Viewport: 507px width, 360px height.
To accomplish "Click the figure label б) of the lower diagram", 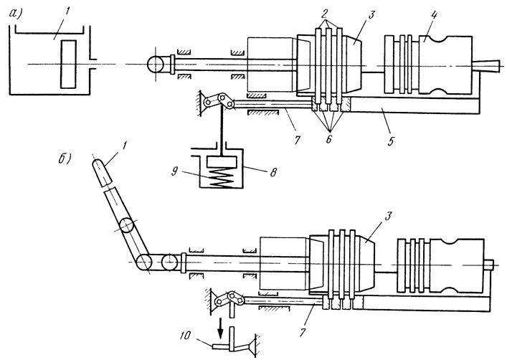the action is (x=64, y=158).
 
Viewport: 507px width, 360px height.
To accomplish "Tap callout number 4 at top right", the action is (x=434, y=15).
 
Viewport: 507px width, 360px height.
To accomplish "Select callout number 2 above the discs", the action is (x=325, y=13).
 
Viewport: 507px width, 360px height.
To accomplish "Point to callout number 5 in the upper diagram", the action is (x=391, y=141).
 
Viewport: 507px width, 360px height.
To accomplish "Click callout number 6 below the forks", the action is (x=328, y=138).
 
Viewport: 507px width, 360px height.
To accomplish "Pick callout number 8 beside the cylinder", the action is (x=273, y=172).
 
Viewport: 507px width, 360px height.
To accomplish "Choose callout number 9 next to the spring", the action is (x=174, y=171).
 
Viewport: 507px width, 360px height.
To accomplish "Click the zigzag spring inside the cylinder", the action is (x=222, y=177).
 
